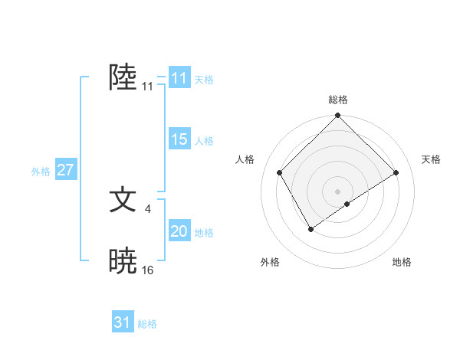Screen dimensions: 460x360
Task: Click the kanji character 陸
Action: (123, 77)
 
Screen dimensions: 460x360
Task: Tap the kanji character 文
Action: (123, 200)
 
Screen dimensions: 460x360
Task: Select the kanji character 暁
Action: (123, 261)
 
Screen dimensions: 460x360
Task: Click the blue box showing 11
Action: (179, 78)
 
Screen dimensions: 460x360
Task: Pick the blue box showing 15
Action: (179, 139)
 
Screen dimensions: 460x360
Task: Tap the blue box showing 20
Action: (179, 231)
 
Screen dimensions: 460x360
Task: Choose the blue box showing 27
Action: (65, 170)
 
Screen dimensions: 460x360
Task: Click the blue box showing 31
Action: (123, 322)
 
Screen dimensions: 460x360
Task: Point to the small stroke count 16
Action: (148, 270)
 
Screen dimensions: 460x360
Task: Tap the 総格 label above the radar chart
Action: (338, 100)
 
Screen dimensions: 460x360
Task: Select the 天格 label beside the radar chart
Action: (432, 159)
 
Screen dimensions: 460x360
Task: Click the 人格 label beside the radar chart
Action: (245, 159)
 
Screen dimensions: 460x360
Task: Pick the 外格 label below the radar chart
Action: (270, 262)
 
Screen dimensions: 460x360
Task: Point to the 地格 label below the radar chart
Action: (402, 262)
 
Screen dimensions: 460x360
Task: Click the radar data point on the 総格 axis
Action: (338, 116)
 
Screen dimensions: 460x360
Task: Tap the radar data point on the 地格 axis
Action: (347, 204)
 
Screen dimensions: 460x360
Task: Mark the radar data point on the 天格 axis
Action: (396, 172)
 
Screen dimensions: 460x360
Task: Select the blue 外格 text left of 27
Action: (41, 172)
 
